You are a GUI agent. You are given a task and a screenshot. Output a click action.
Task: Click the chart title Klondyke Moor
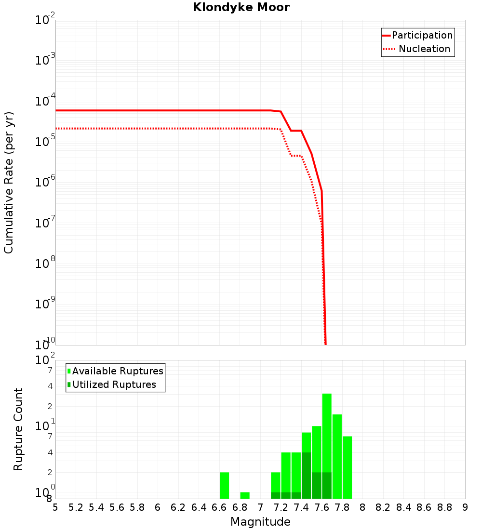[241, 7]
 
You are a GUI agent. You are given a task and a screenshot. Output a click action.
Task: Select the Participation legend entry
[422, 35]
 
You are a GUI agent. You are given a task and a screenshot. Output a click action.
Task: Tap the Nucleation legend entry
[424, 49]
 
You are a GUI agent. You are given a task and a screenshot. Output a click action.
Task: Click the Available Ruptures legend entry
[118, 371]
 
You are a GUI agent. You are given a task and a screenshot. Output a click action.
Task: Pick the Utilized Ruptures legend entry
[114, 384]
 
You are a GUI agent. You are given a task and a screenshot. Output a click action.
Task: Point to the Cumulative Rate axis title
[9, 182]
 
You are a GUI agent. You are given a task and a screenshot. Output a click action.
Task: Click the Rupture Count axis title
[18, 429]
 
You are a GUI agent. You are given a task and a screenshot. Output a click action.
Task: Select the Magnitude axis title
[260, 522]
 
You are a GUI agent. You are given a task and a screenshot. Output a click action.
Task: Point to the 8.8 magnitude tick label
[444, 507]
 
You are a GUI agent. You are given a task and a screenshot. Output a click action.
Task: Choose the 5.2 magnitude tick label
[76, 507]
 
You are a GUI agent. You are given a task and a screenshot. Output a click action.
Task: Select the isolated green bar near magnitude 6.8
[245, 495]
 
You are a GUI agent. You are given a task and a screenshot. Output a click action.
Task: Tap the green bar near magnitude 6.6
[224, 485]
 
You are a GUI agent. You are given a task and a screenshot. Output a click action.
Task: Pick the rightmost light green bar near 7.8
[347, 467]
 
